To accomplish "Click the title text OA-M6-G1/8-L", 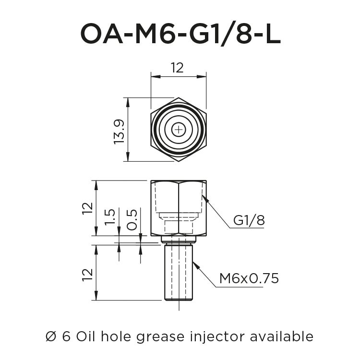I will pyautogui.click(x=180, y=34).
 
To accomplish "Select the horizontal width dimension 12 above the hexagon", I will pyautogui.click(x=177, y=68).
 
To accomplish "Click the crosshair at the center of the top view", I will pyautogui.click(x=179, y=129).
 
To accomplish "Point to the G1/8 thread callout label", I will pyautogui.click(x=249, y=220).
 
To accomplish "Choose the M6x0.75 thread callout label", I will pyautogui.click(x=249, y=278).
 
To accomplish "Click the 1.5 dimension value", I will pyautogui.click(x=110, y=216).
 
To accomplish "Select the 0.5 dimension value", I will pyautogui.click(x=132, y=219).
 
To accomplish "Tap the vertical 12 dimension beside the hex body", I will pyautogui.click(x=87, y=208).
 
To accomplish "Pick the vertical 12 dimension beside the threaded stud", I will pyautogui.click(x=87, y=274).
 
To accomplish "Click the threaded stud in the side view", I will pyautogui.click(x=179, y=272).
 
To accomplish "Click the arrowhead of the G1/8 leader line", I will pyautogui.click(x=204, y=197).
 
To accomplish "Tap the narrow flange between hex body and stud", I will pyautogui.click(x=179, y=239).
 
